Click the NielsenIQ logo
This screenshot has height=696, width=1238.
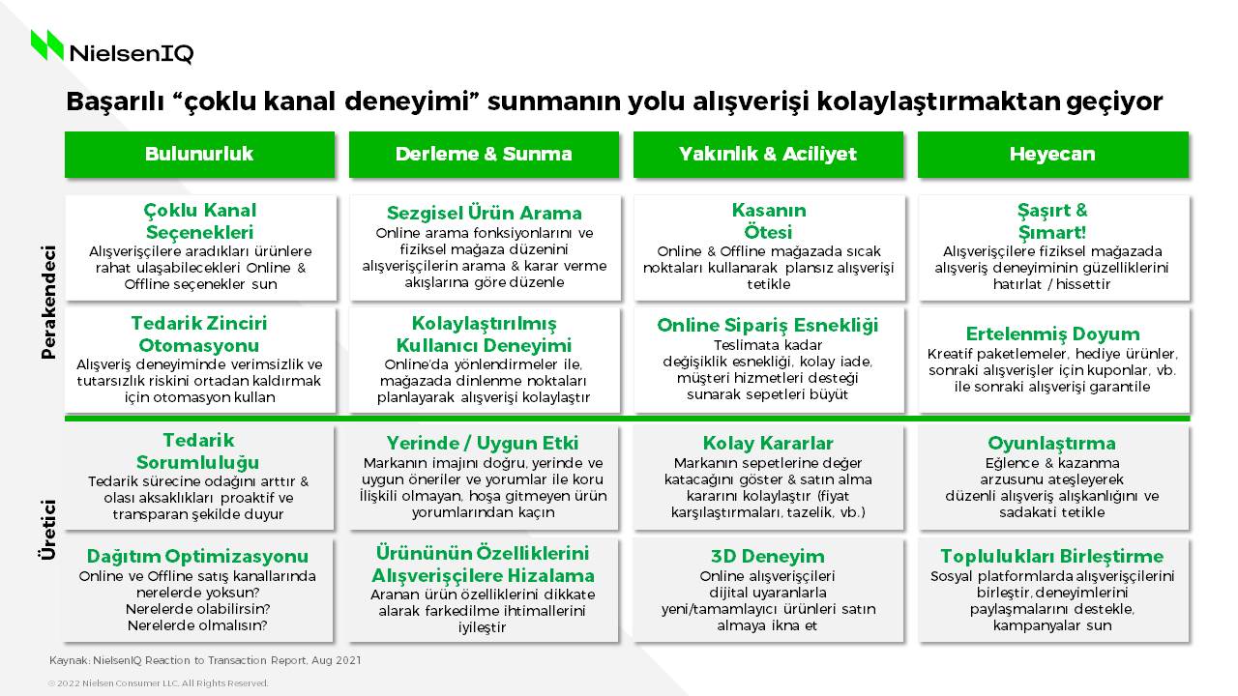(112, 47)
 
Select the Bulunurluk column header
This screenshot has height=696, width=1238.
(199, 154)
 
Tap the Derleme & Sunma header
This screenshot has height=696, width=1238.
(484, 154)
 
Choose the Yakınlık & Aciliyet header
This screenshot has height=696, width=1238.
(768, 154)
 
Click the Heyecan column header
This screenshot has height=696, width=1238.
(1053, 154)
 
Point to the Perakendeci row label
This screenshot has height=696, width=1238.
(48, 303)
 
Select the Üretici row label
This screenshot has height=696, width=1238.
(48, 531)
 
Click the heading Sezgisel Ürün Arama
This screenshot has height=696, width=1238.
(485, 213)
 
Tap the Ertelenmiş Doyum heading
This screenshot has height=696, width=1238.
(1053, 333)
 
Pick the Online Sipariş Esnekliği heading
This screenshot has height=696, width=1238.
(768, 326)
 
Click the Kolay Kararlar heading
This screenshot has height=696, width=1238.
(768, 443)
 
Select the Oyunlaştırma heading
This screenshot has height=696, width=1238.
(1051, 443)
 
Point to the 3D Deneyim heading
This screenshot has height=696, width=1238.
(768, 556)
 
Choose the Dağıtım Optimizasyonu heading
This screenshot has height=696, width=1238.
(198, 556)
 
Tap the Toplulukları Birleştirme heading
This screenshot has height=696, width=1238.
(1051, 556)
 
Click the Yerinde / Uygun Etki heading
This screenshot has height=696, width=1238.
(483, 443)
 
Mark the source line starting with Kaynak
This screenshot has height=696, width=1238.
(205, 660)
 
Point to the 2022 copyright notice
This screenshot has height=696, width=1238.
(158, 683)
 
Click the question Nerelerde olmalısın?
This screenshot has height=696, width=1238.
(197, 625)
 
